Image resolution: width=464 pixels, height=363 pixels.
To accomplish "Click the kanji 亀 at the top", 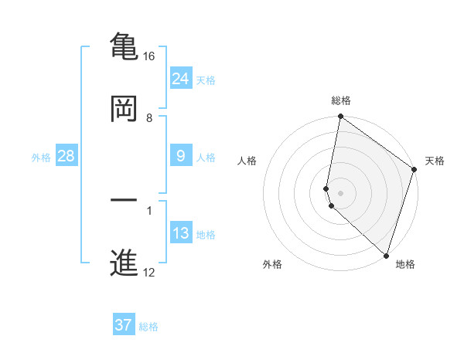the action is pos(123,46).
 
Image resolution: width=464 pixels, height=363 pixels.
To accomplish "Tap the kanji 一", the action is pos(123,202).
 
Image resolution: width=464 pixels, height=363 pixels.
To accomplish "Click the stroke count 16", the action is pos(149,56).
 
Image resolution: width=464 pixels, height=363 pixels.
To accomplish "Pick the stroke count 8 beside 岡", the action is pos(149,118).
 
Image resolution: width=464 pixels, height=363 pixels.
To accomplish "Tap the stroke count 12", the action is pos(149,273).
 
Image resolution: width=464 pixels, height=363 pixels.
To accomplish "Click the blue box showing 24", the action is pos(180,79).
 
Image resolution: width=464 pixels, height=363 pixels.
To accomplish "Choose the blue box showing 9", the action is pos(180,156).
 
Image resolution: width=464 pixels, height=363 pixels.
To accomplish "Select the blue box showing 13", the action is pos(180,233).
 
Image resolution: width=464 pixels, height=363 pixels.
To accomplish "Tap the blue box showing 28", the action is pos(66,156).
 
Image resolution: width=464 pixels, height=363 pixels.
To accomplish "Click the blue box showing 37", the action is pos(123,325).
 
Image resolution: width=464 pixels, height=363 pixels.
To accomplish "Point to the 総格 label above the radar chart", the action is pos(341,100).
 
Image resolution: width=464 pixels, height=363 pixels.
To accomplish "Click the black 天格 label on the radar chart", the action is pos(435,161).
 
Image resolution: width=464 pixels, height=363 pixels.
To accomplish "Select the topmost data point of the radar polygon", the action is pos(340,118).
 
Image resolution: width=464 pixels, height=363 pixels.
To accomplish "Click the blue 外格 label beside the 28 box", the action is pos(40,158).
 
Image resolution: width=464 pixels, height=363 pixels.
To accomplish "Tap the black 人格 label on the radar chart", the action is pos(247,161).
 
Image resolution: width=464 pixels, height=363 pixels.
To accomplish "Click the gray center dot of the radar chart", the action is pos(340,192).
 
